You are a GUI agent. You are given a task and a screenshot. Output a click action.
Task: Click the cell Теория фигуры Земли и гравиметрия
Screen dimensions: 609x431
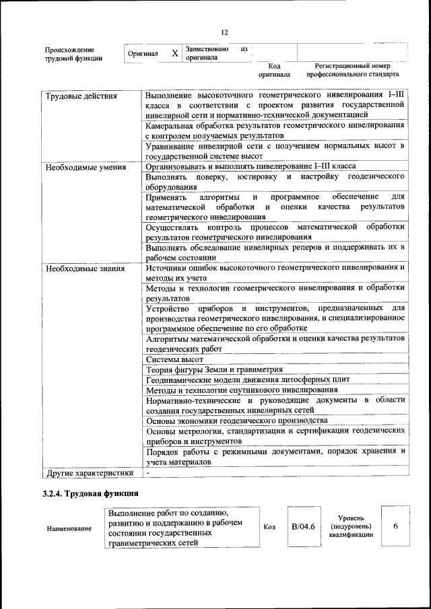tap(213, 369)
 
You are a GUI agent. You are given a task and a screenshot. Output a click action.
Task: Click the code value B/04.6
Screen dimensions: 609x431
tap(303, 526)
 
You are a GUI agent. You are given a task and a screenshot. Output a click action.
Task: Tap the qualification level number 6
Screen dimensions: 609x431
tap(395, 526)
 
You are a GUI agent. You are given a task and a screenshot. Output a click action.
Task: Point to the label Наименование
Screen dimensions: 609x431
tap(69, 528)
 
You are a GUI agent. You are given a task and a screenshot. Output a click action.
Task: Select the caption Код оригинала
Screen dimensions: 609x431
tap(273, 70)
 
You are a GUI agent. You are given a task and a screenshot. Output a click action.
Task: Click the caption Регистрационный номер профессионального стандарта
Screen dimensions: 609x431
tap(352, 70)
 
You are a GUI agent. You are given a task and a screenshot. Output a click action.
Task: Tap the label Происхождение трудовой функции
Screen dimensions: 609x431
tap(73, 54)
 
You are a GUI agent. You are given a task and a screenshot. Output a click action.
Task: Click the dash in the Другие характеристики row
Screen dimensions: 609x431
tap(148, 473)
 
